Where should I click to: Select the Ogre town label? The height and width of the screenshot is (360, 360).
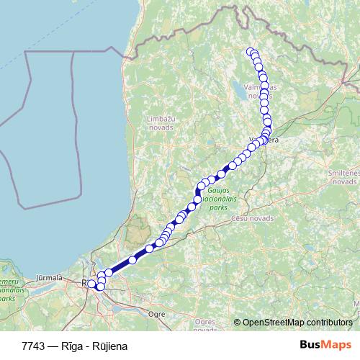156,314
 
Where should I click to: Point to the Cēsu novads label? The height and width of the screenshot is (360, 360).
253,217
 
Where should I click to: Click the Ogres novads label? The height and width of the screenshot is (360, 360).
205,325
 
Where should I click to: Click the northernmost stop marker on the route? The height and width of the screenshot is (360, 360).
251,51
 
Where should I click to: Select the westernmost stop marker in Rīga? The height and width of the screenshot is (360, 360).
91,284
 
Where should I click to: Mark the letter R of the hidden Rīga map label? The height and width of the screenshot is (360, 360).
85,284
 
